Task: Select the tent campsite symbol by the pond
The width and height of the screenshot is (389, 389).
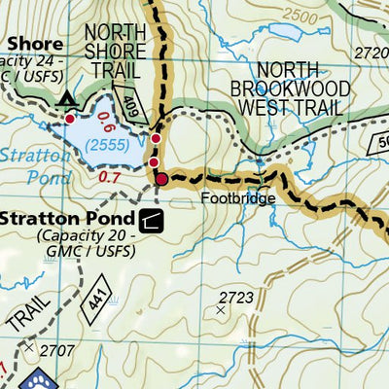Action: coord(67,100)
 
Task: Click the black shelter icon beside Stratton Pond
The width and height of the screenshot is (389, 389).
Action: coord(151,222)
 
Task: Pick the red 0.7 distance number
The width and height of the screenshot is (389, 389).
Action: coord(109,178)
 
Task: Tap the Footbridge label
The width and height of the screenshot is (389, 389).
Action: coord(239,197)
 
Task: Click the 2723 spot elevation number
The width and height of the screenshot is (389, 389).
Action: coord(235,297)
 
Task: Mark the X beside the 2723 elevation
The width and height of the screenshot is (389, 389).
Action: coord(222,311)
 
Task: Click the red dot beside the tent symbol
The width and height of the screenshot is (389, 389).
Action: coord(69,118)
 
